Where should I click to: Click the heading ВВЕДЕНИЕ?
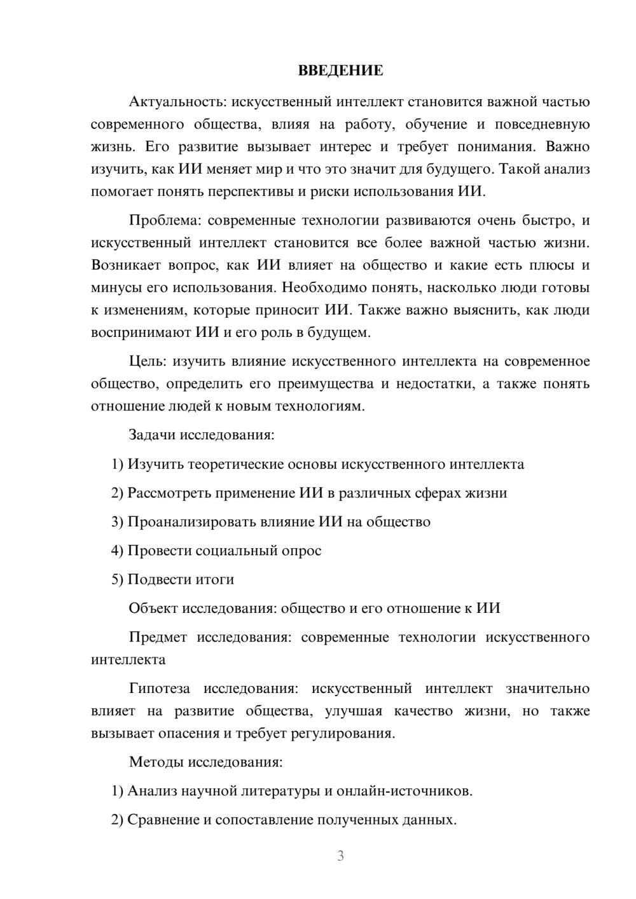[340, 71]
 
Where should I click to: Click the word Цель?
[146, 362]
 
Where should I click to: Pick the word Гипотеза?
[159, 689]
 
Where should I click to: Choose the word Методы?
[152, 762]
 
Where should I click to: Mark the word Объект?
[153, 608]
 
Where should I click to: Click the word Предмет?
[158, 637]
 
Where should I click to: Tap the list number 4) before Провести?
[117, 551]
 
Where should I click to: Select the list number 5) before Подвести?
[117, 579]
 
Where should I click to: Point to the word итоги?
[214, 579]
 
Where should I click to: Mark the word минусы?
[116, 287]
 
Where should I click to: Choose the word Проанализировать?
[192, 522]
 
